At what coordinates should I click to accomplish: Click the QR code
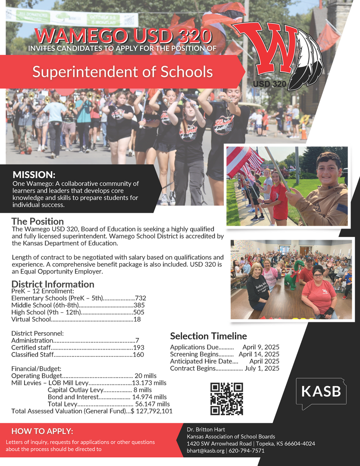tap(226, 399)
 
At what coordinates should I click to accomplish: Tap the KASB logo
tap(321, 392)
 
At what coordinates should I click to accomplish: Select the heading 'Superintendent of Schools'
tap(122, 72)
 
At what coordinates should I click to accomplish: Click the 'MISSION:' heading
tap(34, 175)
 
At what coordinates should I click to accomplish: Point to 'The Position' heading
tap(38, 221)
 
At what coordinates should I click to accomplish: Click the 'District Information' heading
tap(53, 284)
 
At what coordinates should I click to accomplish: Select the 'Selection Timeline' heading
tap(208, 336)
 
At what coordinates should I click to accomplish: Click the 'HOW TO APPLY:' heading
tap(42, 431)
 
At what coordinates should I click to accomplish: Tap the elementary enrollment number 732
tap(141, 298)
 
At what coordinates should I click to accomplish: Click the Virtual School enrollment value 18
tap(137, 319)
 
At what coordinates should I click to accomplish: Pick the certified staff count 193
tap(139, 347)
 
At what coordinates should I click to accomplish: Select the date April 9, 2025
tap(261, 347)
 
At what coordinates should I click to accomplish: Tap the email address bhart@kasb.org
tap(205, 450)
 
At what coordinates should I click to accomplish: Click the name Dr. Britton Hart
tap(206, 430)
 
